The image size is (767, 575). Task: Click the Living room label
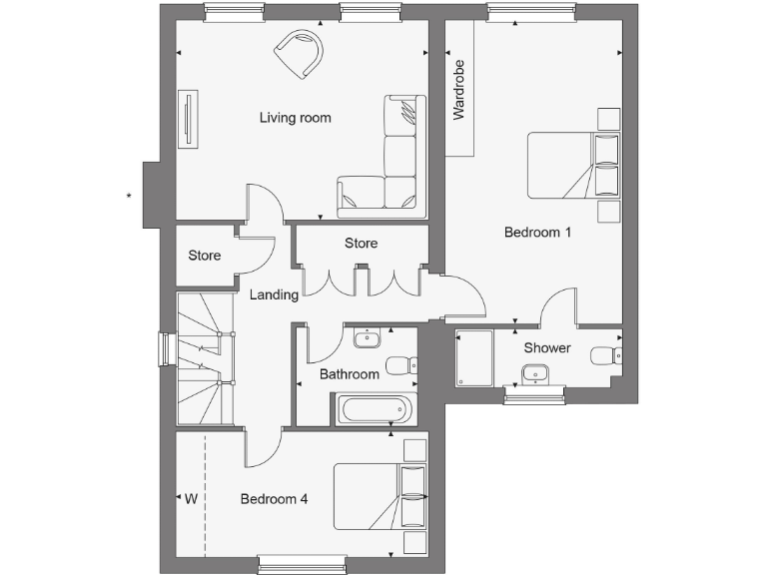click(x=295, y=118)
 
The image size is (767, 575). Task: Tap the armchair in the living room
click(x=300, y=51)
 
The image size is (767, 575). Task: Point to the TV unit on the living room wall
click(x=186, y=121)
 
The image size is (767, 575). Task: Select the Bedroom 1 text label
click(x=537, y=233)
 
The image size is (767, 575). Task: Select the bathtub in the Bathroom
click(x=372, y=409)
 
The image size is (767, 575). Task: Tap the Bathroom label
click(x=350, y=374)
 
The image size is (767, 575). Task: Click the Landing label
click(x=274, y=295)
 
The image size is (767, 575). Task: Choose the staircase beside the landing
click(x=205, y=359)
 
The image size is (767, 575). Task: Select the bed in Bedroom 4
click(x=380, y=496)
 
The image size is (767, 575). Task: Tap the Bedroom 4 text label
click(x=274, y=499)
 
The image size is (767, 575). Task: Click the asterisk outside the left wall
click(x=129, y=197)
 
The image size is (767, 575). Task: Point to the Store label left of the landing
click(x=205, y=256)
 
